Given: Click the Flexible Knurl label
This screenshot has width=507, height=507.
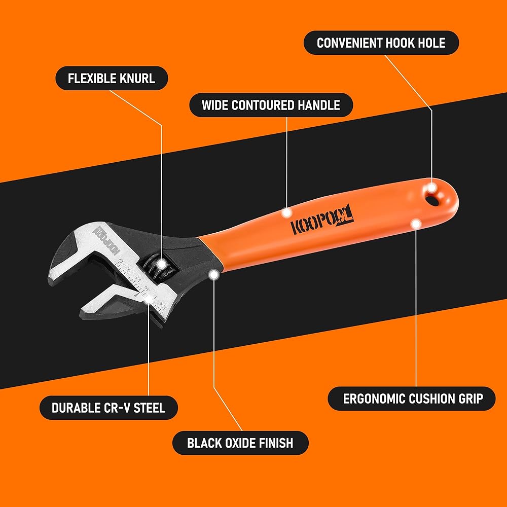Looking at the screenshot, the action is [112, 79].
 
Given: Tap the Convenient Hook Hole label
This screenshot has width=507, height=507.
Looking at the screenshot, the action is [381, 43].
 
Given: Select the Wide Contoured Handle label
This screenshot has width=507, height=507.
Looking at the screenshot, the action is [271, 105].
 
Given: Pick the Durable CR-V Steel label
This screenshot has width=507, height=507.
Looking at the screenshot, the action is [108, 408].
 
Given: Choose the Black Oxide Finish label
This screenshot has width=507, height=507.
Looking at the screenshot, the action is [240, 443].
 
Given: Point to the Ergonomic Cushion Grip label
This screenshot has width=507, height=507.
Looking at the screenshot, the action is [411, 399].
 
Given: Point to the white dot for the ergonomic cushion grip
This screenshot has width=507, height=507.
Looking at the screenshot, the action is [416, 223].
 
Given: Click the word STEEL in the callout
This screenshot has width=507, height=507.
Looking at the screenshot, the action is [149, 408].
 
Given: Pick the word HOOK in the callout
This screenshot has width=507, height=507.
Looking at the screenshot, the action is [403, 43].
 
